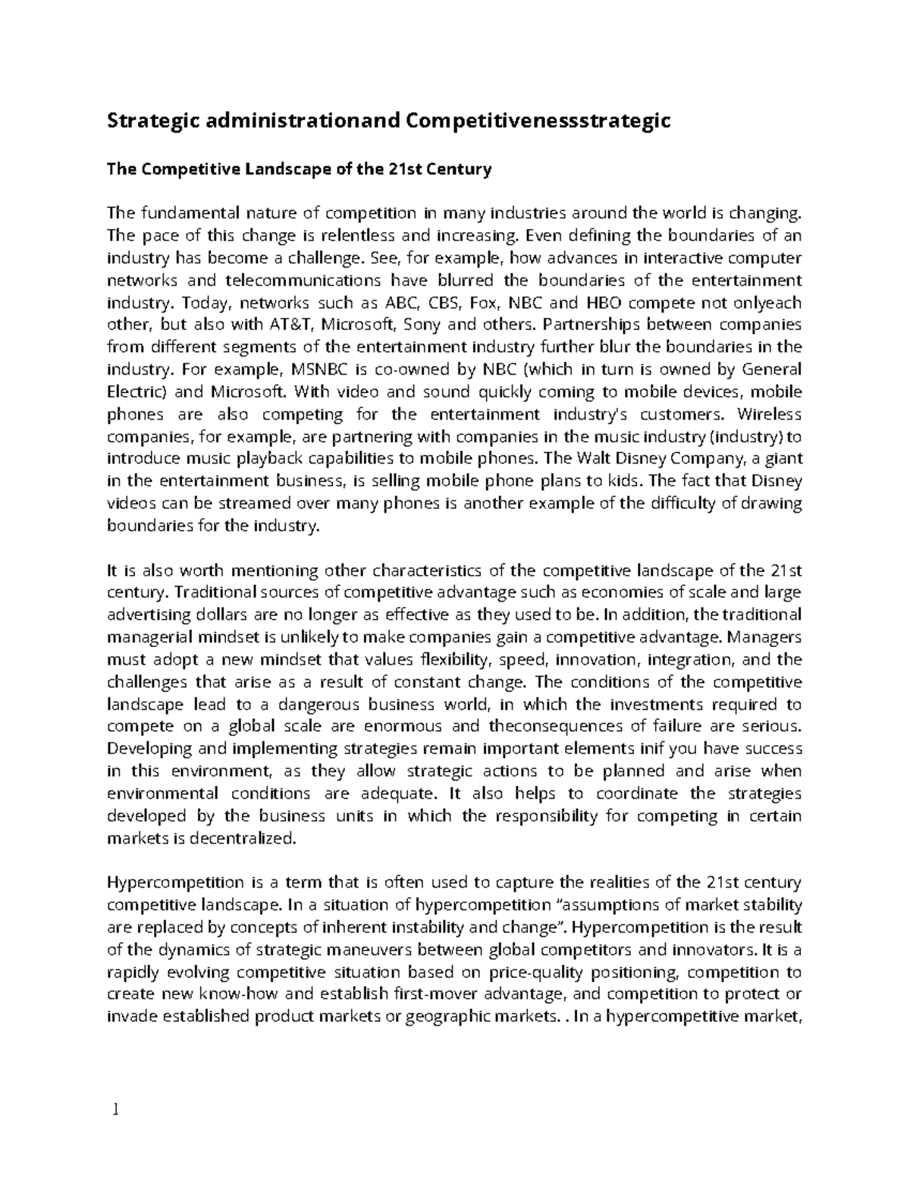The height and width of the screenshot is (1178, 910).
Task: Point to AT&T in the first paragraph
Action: (289, 325)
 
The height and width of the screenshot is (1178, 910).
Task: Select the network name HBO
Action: (604, 303)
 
